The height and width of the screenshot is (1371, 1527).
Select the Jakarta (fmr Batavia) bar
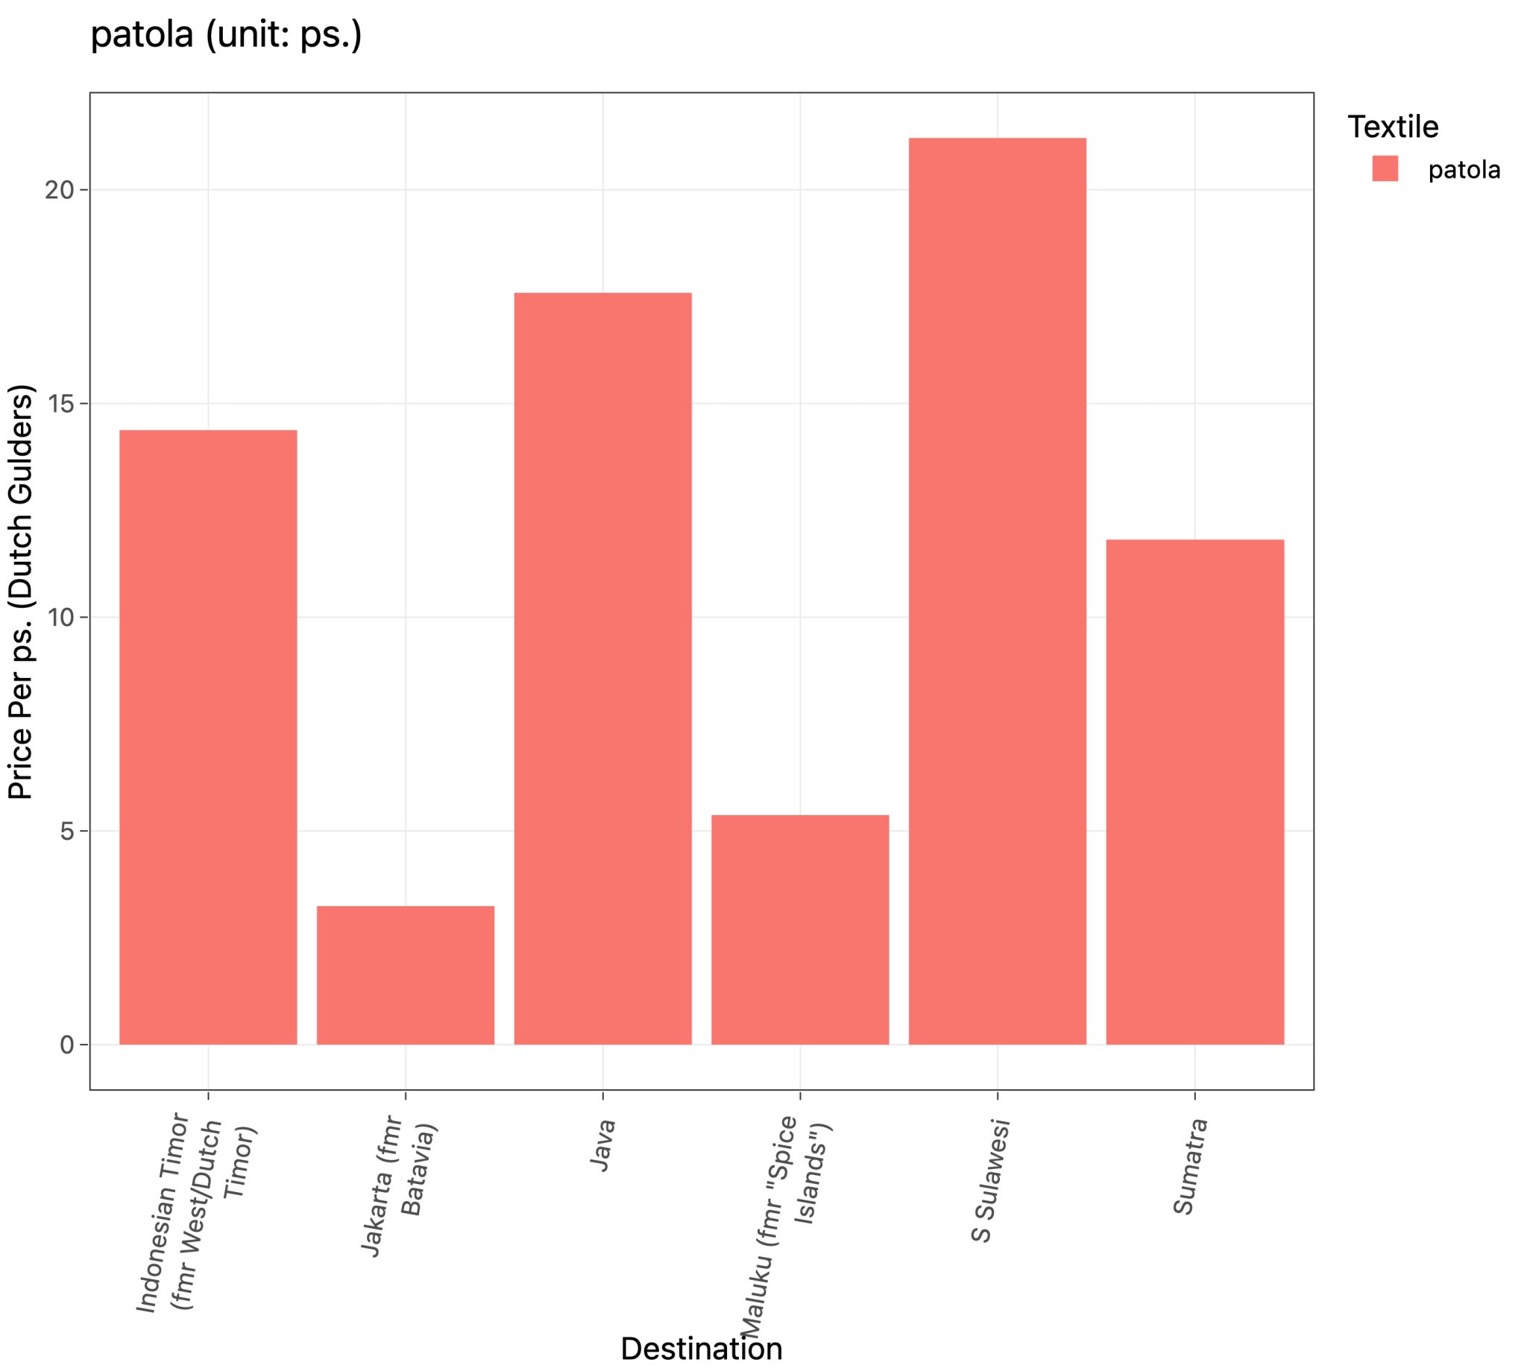pyautogui.click(x=405, y=975)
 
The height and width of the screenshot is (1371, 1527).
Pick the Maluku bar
pyautogui.click(x=800, y=930)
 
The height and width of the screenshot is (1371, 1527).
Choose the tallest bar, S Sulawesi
pyautogui.click(x=996, y=592)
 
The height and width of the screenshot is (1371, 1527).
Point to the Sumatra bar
pyautogui.click(x=1194, y=792)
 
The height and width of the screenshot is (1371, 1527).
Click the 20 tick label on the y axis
pyautogui.click(x=60, y=190)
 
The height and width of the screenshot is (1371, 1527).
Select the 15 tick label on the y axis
pyautogui.click(x=60, y=404)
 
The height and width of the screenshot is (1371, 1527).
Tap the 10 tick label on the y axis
pyautogui.click(x=60, y=618)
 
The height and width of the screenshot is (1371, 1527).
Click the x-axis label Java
pyautogui.click(x=603, y=1146)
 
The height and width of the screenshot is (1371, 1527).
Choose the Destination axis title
pyautogui.click(x=701, y=1349)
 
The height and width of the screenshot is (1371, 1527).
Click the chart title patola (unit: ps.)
pyautogui.click(x=226, y=35)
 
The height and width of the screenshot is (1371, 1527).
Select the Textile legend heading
pyautogui.click(x=1392, y=127)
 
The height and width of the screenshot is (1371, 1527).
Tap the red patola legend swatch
pyautogui.click(x=1385, y=168)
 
